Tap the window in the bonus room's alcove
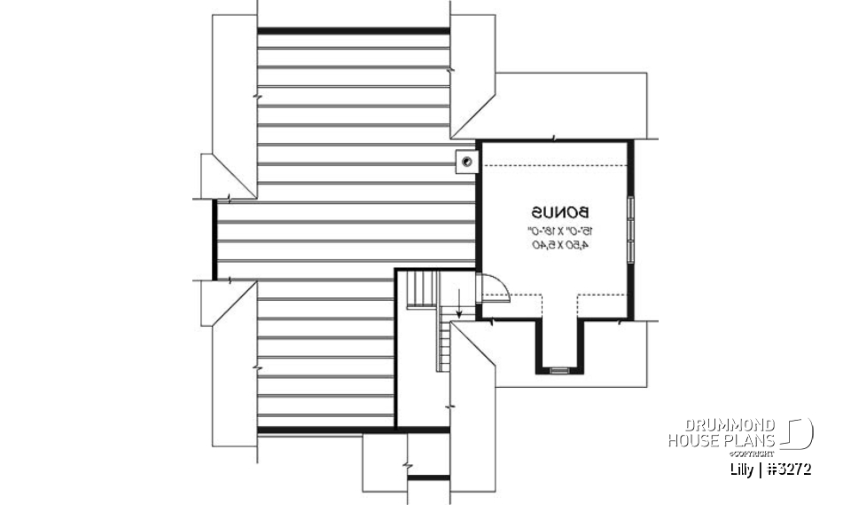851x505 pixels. point(559,369)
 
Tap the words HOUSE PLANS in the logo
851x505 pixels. point(722,439)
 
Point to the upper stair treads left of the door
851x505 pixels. point(422,289)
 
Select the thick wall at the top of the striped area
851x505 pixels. point(353,31)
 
